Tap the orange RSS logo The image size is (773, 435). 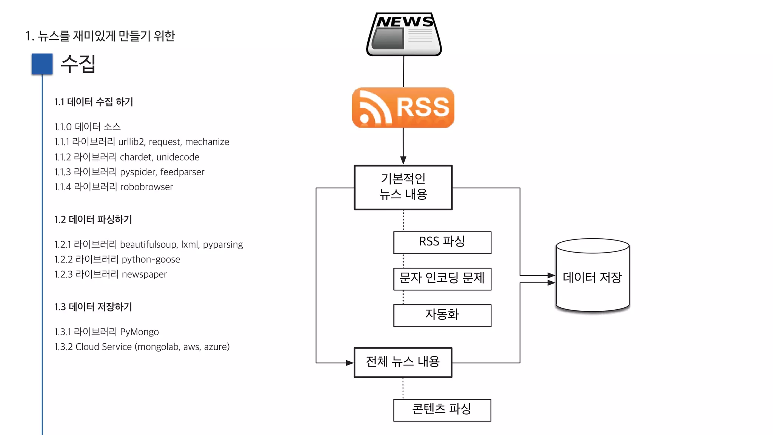tap(403, 108)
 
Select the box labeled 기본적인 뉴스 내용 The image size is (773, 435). tap(403, 187)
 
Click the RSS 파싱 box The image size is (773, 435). tap(442, 242)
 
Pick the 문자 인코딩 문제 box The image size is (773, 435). tap(442, 279)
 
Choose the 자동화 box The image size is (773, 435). tap(442, 315)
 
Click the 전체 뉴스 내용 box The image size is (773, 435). tap(403, 362)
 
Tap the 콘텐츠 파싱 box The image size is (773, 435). tap(442, 410)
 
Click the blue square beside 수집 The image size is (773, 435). tap(42, 64)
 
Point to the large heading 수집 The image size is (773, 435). tap(78, 64)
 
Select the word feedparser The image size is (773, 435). tap(182, 172)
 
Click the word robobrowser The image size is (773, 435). tap(146, 187)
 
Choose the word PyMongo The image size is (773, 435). tap(139, 332)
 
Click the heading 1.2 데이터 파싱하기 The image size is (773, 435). tap(93, 219)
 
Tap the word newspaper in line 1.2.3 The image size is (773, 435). tap(144, 275)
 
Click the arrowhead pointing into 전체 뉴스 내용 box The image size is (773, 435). tap(350, 363)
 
